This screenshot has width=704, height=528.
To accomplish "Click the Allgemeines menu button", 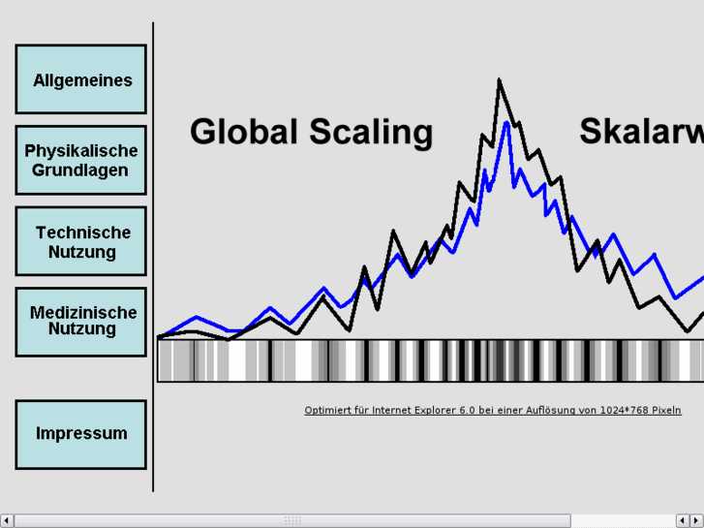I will click(81, 79).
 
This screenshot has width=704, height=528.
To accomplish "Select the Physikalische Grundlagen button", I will click(81, 160).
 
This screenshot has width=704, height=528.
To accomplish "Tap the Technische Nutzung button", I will click(81, 241).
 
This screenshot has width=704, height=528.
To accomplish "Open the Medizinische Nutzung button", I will click(81, 321).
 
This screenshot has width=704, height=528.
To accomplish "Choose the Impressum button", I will click(81, 433).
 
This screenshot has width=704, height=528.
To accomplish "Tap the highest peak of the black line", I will click(500, 80).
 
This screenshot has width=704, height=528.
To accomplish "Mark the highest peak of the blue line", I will click(506, 123).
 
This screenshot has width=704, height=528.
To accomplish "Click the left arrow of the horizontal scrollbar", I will click(7, 521).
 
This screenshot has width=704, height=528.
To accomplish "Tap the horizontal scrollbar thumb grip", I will click(292, 521).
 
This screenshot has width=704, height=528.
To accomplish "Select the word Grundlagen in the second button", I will click(80, 171).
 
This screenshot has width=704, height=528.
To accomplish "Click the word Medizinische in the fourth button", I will click(83, 312).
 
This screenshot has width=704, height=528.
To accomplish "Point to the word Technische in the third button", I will click(83, 233).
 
